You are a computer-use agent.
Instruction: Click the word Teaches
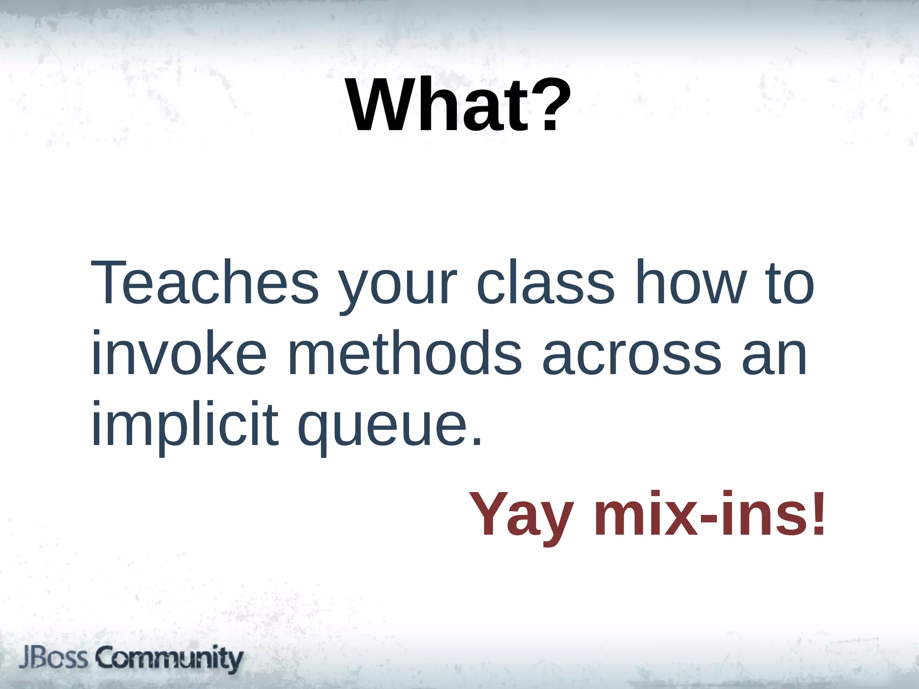205,283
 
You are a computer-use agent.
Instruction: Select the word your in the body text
398,287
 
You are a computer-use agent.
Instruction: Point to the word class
545,283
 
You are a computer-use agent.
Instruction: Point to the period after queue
477,442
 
